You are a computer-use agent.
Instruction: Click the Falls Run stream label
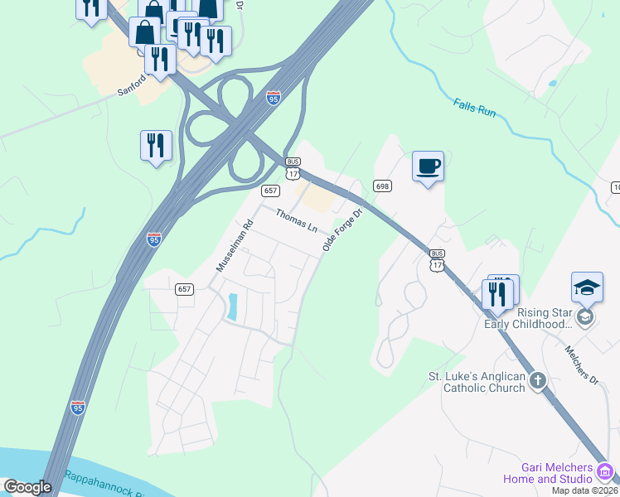pyautogui.click(x=474, y=107)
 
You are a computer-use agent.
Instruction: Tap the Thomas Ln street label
pyautogui.click(x=297, y=220)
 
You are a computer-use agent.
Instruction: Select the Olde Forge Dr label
pyautogui.click(x=343, y=225)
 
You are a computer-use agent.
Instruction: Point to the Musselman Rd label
pyautogui.click(x=233, y=246)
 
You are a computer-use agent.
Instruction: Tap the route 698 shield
pyautogui.click(x=381, y=186)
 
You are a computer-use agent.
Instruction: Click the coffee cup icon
pyautogui.click(x=428, y=166)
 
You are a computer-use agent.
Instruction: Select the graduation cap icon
pyautogui.click(x=587, y=287)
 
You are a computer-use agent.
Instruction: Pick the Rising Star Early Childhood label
pyautogui.click(x=529, y=318)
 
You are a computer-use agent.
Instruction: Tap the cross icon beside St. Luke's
pyautogui.click(x=538, y=381)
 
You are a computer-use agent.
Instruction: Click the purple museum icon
pyautogui.click(x=607, y=472)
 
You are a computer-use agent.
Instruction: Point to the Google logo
pyautogui.click(x=27, y=487)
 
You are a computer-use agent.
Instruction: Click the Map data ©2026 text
pyautogui.click(x=584, y=490)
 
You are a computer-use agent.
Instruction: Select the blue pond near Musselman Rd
pyautogui.click(x=232, y=307)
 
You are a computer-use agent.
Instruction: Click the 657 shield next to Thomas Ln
pyautogui.click(x=270, y=191)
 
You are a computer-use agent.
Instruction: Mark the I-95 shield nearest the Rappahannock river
pyautogui.click(x=78, y=408)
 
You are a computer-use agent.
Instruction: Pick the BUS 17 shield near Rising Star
pyautogui.click(x=438, y=259)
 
